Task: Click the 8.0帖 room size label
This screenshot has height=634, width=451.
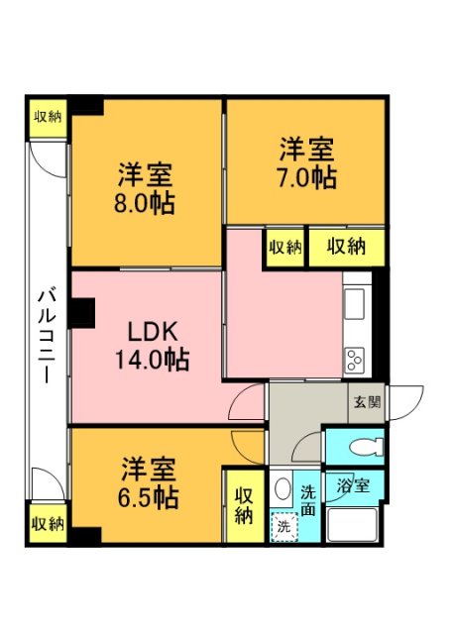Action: [144, 203]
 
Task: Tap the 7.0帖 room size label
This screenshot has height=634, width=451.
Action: [306, 177]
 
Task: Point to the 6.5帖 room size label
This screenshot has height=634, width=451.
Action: [148, 497]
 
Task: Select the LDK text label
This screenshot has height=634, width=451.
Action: [152, 332]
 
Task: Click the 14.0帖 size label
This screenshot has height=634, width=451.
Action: [152, 359]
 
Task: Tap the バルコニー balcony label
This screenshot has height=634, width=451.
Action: [47, 335]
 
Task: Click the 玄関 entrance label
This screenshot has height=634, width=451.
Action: [368, 402]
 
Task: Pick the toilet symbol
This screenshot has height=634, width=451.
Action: [366, 447]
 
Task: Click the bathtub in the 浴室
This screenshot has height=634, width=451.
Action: [352, 524]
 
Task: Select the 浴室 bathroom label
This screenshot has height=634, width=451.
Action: [354, 485]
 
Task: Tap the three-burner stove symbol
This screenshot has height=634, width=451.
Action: [354, 360]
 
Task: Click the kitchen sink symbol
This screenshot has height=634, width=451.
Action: [354, 304]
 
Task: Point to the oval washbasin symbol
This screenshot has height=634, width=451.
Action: [282, 489]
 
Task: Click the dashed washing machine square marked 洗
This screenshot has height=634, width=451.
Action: [283, 527]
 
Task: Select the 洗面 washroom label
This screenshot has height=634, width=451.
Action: [308, 501]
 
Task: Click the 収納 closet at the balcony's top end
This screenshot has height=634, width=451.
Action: [48, 118]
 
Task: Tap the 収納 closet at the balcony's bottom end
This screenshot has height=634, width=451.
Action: [48, 524]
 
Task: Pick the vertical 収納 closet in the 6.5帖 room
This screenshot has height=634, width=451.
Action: [245, 506]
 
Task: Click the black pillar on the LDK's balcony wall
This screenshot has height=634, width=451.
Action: [83, 313]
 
